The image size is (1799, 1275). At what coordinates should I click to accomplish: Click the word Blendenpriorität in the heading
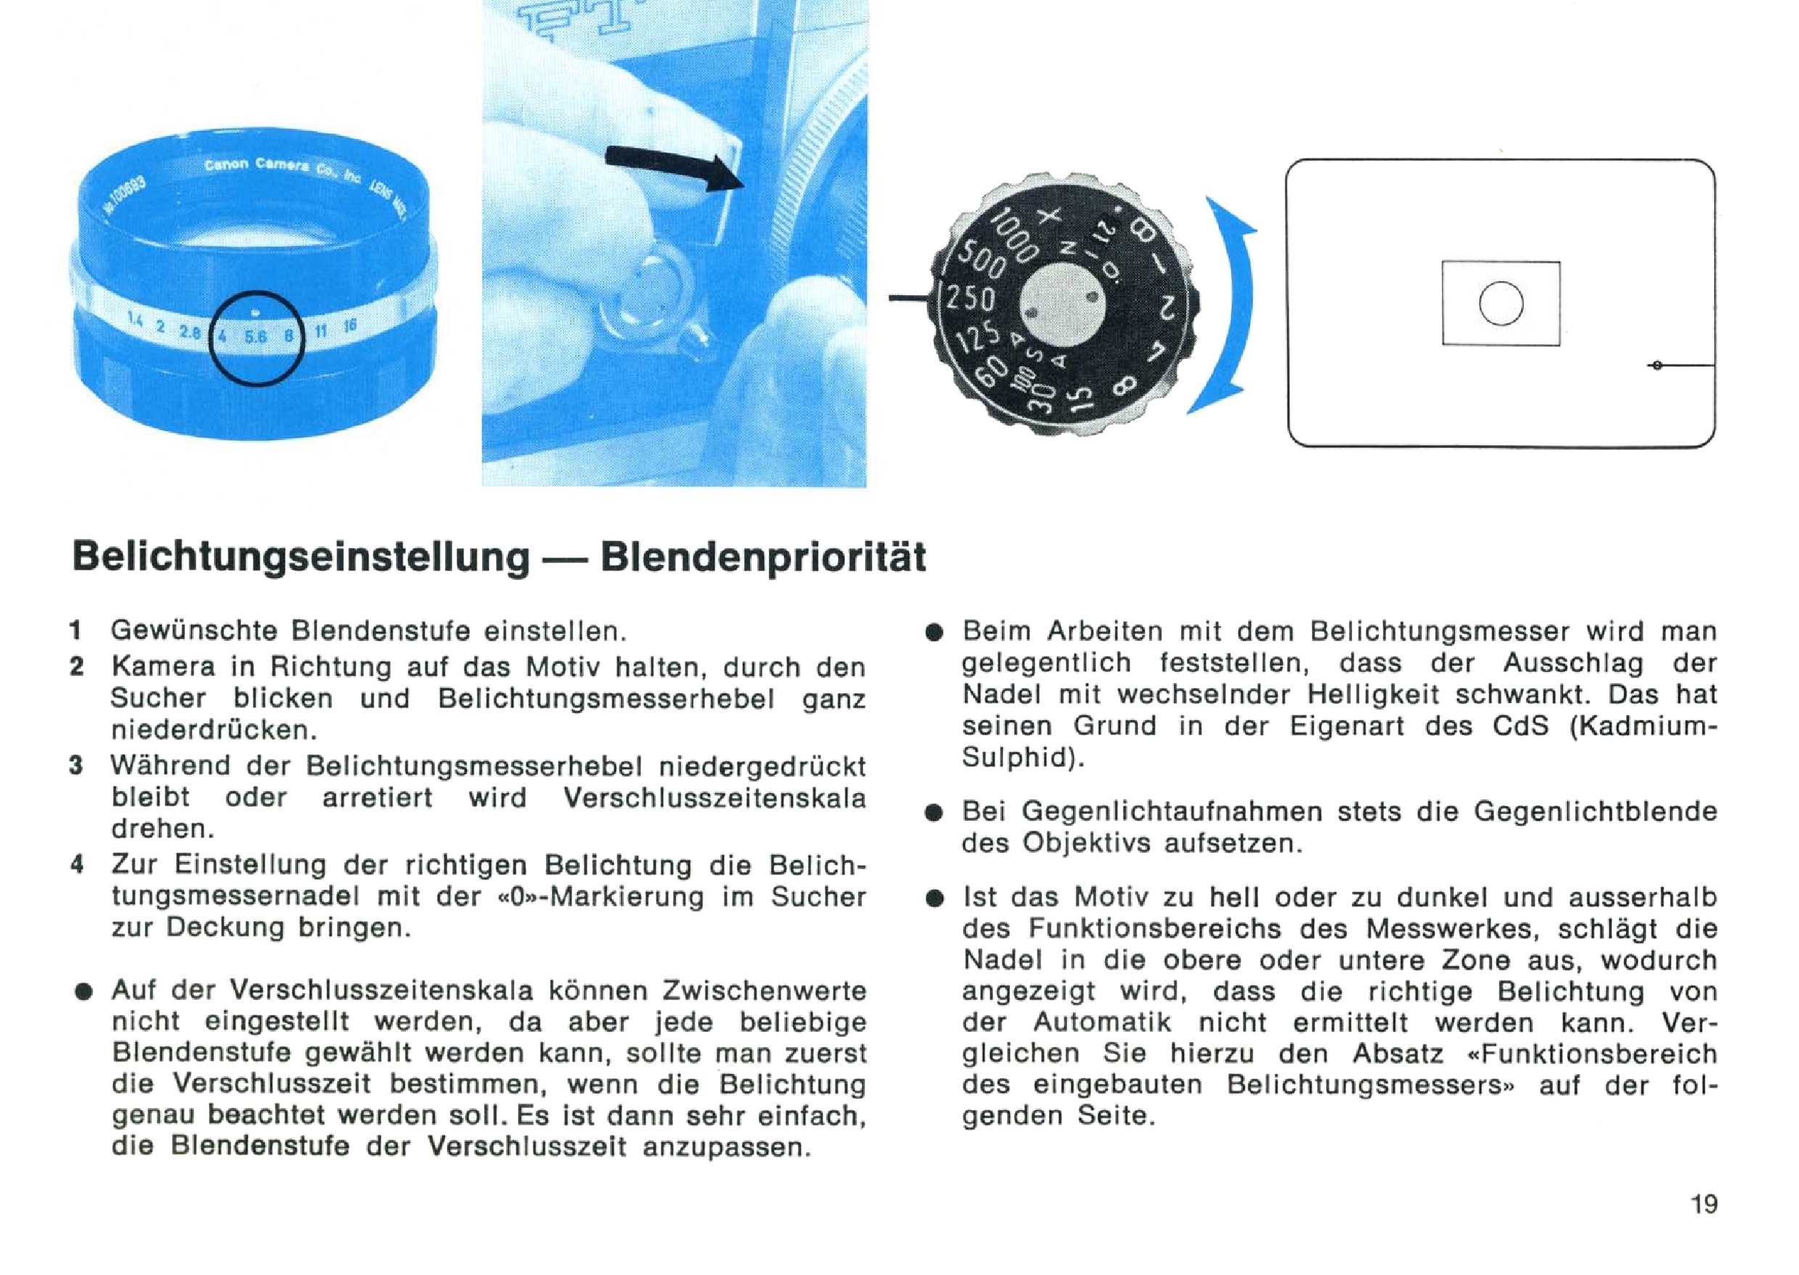[763, 558]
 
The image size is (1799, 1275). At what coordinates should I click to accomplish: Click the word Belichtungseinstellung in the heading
[301, 558]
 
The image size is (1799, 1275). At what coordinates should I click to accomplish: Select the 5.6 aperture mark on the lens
[255, 337]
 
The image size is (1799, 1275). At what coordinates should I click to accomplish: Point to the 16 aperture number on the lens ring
[350, 325]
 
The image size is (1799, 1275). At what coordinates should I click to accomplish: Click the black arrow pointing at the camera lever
[674, 167]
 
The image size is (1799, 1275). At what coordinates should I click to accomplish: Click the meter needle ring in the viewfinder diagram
[1658, 365]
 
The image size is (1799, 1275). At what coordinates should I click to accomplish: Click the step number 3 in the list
[76, 765]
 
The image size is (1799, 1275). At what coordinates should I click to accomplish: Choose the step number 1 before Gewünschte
[76, 631]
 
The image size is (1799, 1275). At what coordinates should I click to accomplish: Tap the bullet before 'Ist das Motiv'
[934, 899]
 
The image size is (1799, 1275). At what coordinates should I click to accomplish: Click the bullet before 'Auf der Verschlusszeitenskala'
[82, 992]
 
